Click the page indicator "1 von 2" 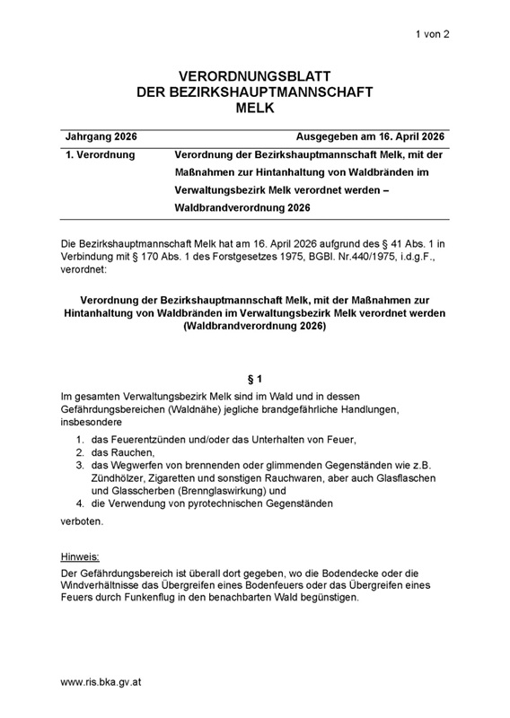click(x=431, y=33)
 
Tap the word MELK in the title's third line click(x=254, y=109)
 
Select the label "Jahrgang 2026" click(x=101, y=136)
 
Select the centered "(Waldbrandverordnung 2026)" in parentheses click(x=255, y=327)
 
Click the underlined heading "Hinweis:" click(x=79, y=556)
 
